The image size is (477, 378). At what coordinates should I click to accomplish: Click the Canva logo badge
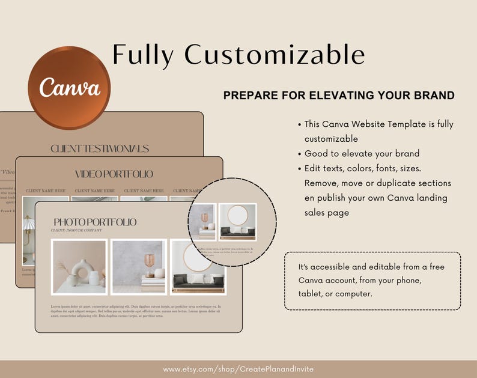(69, 88)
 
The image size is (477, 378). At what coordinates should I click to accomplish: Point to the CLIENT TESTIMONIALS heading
(100, 148)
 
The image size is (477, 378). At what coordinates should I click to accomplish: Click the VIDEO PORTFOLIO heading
(114, 174)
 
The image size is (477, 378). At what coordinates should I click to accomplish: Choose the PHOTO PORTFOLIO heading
(95, 222)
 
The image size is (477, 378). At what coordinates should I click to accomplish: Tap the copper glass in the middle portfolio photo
(148, 263)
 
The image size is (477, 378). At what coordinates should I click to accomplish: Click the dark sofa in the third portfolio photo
(198, 281)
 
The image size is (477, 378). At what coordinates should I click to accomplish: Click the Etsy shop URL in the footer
(238, 369)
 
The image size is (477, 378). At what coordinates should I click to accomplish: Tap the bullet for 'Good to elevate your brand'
(300, 153)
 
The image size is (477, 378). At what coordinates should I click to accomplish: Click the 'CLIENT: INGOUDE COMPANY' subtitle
(76, 230)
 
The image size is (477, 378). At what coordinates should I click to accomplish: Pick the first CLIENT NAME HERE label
(46, 191)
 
